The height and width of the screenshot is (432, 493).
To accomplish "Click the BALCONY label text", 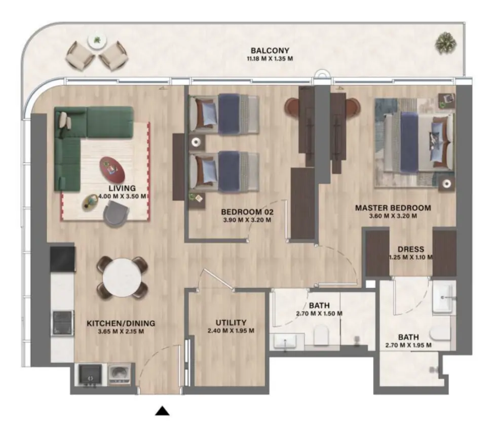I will click(270, 50).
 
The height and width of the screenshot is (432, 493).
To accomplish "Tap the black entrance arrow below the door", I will click(162, 411).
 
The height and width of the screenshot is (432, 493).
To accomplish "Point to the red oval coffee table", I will click(112, 169).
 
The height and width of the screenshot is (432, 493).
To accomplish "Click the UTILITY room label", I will click(231, 323).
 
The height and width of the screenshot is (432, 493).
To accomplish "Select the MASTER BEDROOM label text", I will click(393, 208).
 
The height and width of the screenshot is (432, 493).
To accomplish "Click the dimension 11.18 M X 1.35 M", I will click(269, 59).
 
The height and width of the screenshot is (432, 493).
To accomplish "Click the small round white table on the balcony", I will click(96, 41).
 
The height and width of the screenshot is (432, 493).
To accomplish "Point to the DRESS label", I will click(411, 249).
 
